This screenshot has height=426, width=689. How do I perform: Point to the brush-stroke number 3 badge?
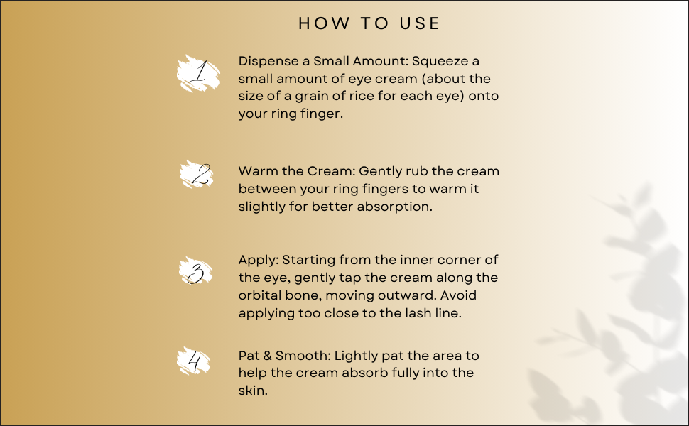click(196, 272)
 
